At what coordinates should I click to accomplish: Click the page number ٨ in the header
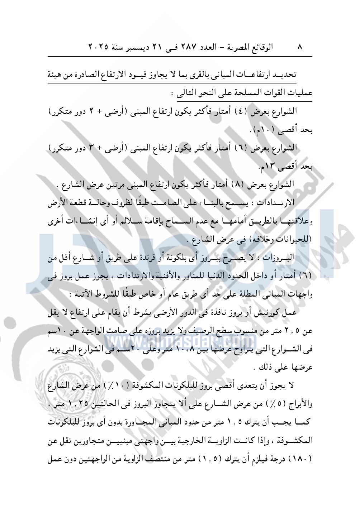point(300,47)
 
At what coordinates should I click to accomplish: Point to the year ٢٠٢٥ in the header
point(99,47)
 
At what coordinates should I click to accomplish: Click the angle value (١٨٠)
point(301,459)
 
